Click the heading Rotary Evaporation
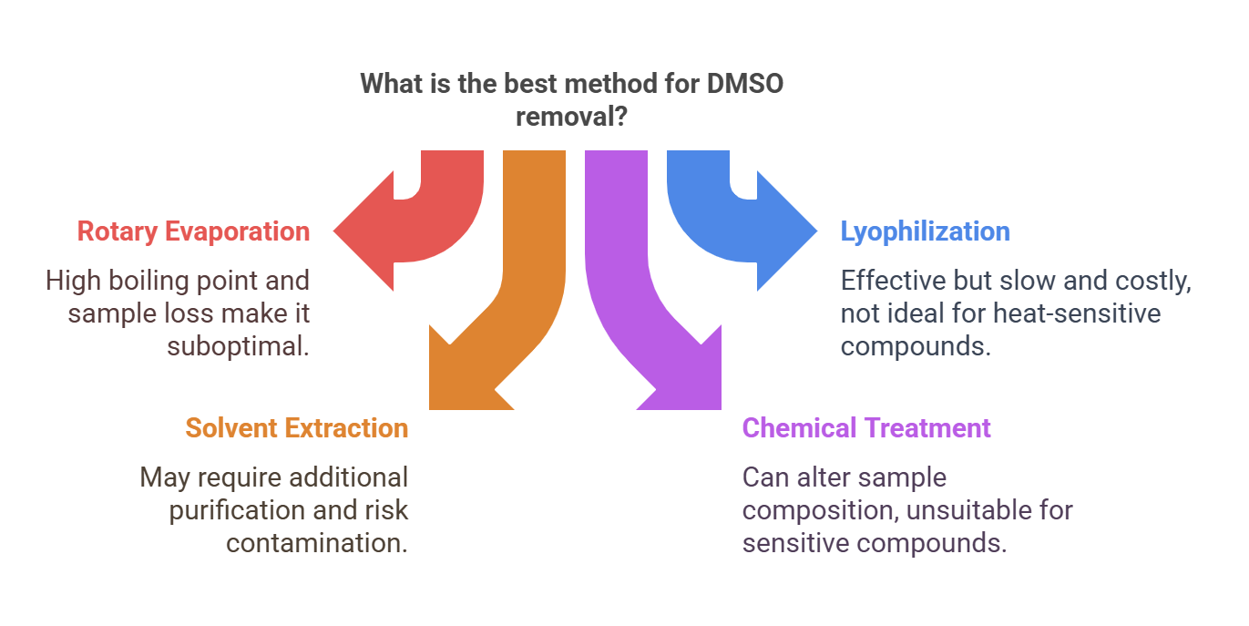pyautogui.click(x=193, y=231)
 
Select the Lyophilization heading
pyautogui.click(x=925, y=231)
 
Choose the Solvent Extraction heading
pyautogui.click(x=296, y=428)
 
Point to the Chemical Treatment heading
pyautogui.click(x=866, y=428)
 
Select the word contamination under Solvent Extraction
pyautogui.click(x=316, y=543)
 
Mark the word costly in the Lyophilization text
pyautogui.click(x=1153, y=282)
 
